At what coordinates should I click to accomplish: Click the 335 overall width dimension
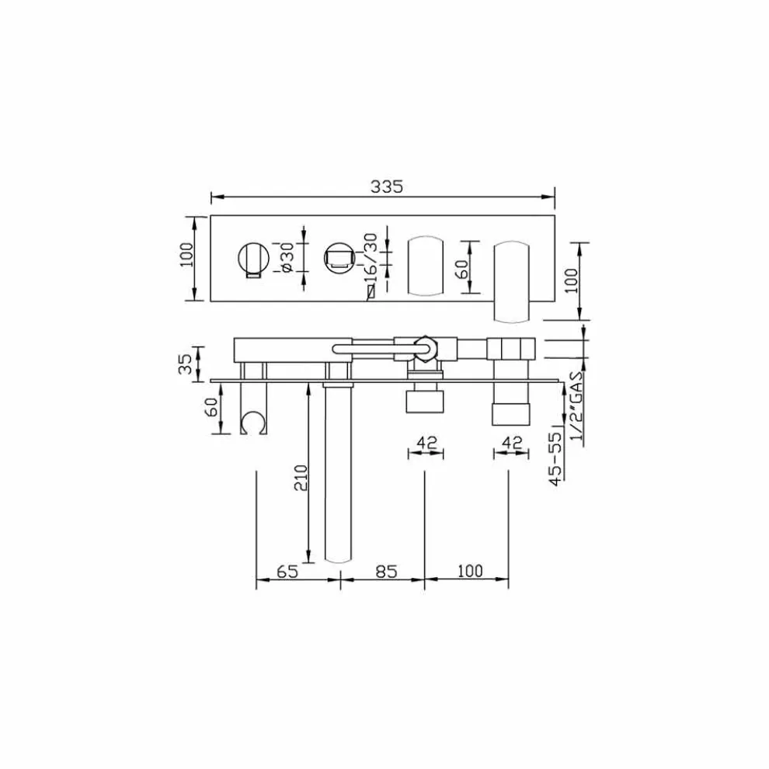point(385,186)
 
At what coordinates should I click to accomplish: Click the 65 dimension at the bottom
point(287,571)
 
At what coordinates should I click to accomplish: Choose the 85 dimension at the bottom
point(385,571)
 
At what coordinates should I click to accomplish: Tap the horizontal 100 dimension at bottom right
point(470,571)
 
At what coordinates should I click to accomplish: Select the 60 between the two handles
point(461,269)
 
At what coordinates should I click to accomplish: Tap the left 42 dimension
point(425,442)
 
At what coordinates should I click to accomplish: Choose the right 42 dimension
point(511,442)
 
